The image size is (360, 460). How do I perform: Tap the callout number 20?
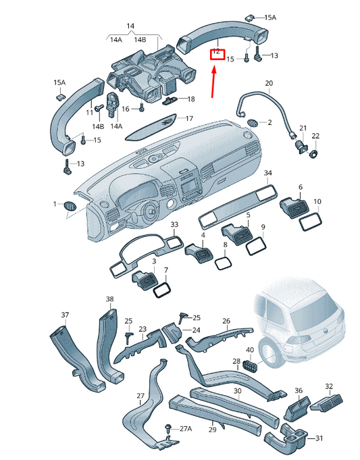tap(268, 84)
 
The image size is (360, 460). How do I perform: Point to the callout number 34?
tap(268, 174)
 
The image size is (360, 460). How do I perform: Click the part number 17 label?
tap(189, 118)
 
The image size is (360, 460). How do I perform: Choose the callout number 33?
tap(174, 224)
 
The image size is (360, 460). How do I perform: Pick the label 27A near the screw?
tap(185, 429)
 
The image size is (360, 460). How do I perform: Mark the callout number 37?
tap(66, 315)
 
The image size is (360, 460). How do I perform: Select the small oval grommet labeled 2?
tap(255, 122)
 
